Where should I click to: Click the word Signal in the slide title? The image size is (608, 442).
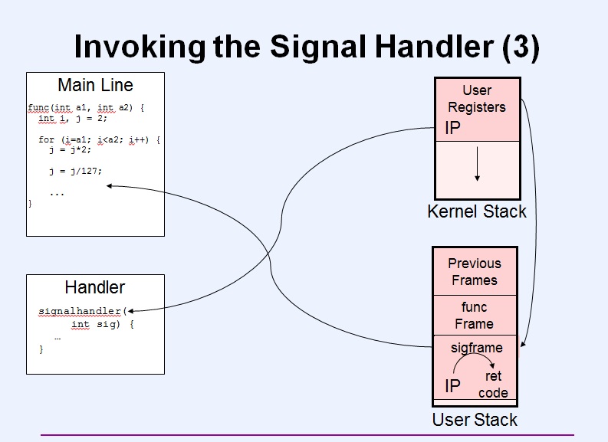click(317, 47)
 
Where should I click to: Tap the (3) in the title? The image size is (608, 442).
click(521, 47)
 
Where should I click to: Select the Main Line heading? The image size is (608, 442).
click(95, 85)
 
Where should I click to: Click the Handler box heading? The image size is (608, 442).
click(95, 287)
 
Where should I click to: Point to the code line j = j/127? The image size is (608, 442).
click(76, 171)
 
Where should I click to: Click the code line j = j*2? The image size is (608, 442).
click(71, 149)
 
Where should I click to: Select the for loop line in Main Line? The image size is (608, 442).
click(99, 139)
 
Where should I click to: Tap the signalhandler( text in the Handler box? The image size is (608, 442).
click(83, 311)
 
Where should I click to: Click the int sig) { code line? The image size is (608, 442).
click(103, 324)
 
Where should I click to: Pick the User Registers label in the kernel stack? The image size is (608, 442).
click(477, 99)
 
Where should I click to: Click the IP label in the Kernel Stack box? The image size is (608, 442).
click(452, 128)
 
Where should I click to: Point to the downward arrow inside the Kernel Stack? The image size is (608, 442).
click(478, 164)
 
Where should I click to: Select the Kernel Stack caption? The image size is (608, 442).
click(477, 211)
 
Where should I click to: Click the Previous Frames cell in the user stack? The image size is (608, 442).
click(475, 271)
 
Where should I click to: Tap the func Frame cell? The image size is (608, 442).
click(475, 316)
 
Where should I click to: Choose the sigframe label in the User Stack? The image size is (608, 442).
click(477, 348)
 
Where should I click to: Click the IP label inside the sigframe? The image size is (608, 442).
click(452, 386)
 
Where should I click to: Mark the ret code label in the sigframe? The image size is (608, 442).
click(493, 385)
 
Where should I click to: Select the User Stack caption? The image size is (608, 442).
click(475, 420)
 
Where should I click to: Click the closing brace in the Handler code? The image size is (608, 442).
click(41, 349)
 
